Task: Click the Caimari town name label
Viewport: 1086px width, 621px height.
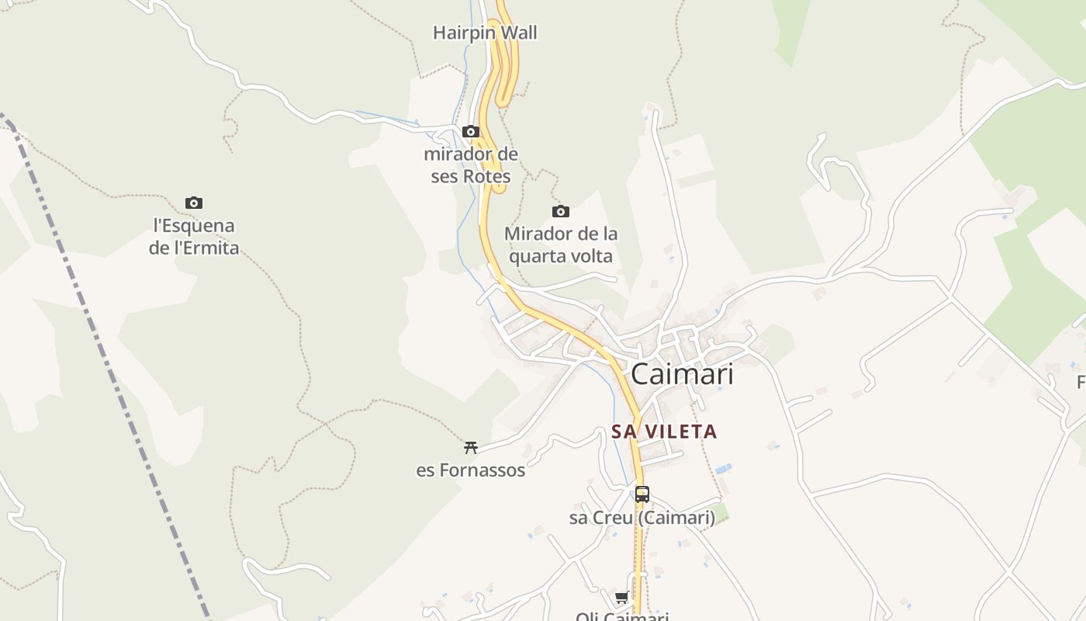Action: click(x=682, y=374)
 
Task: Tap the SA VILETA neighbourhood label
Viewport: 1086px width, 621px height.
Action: click(x=664, y=432)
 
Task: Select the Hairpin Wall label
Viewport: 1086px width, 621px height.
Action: click(x=485, y=33)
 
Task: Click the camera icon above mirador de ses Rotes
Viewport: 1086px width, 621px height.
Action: click(x=471, y=131)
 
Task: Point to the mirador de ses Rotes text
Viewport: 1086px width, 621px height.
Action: click(x=471, y=165)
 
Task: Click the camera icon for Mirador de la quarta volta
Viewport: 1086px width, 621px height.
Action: click(x=560, y=211)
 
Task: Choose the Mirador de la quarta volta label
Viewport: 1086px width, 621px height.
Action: click(x=561, y=245)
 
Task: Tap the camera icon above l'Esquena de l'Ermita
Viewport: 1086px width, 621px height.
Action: click(x=194, y=203)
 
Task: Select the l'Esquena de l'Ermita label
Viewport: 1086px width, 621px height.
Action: click(x=194, y=237)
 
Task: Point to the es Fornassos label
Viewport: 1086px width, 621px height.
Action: click(x=470, y=470)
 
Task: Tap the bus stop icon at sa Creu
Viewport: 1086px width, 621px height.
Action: click(x=642, y=494)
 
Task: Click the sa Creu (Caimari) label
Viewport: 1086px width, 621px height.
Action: click(x=642, y=518)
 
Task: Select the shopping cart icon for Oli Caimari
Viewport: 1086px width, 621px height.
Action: click(x=621, y=597)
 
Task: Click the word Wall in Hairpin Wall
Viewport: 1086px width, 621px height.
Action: click(x=518, y=33)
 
